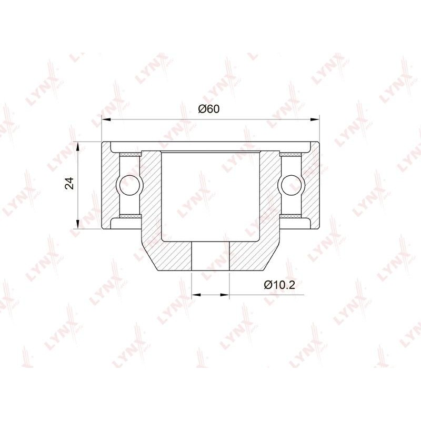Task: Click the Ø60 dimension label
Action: point(208,109)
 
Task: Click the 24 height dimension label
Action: point(70,183)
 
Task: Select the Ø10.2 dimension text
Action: point(279,285)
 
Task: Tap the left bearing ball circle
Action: point(130,185)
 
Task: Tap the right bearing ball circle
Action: point(292,185)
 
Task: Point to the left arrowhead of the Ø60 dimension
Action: point(106,119)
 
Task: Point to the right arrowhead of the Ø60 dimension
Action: point(315,119)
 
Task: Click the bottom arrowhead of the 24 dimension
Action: point(78,224)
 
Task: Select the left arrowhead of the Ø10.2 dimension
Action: point(196,295)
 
